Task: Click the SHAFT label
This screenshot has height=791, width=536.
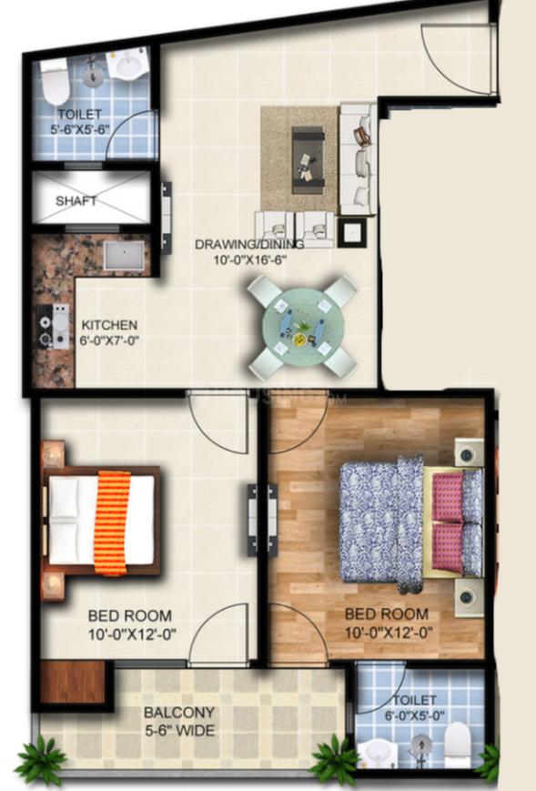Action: point(76,201)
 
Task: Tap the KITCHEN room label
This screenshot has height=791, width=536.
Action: point(109,324)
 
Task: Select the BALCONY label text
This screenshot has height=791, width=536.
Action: point(179,713)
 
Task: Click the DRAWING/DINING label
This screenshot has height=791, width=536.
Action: point(249,245)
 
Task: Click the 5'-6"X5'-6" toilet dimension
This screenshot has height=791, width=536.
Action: point(80,129)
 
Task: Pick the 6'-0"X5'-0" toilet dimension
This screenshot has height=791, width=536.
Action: point(414,715)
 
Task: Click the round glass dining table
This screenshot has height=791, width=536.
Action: point(302,327)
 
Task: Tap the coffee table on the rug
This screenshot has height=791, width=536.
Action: point(308,159)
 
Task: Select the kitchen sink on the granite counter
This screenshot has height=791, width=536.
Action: point(124,256)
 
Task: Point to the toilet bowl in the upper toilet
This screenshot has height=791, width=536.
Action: point(55,82)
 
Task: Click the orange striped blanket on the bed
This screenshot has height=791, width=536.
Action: point(112,522)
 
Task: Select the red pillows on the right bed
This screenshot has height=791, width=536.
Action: point(448,522)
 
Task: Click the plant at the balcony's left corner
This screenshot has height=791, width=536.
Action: point(40,760)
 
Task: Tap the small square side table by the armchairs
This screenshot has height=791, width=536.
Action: point(351,232)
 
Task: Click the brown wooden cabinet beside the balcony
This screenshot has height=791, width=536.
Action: point(73,681)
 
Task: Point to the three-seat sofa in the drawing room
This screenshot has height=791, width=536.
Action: point(358,159)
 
